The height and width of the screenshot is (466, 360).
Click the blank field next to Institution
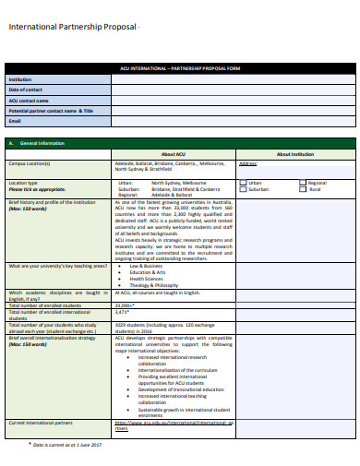click(x=233, y=79)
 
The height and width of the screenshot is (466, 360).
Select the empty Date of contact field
click(x=233, y=90)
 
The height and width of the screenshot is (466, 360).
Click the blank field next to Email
click(x=233, y=121)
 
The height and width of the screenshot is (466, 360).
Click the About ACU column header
click(x=174, y=154)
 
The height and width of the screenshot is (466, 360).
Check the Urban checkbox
click(x=244, y=183)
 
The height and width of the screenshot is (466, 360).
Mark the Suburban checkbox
click(x=244, y=189)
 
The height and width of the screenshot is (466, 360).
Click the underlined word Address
click(x=248, y=163)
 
